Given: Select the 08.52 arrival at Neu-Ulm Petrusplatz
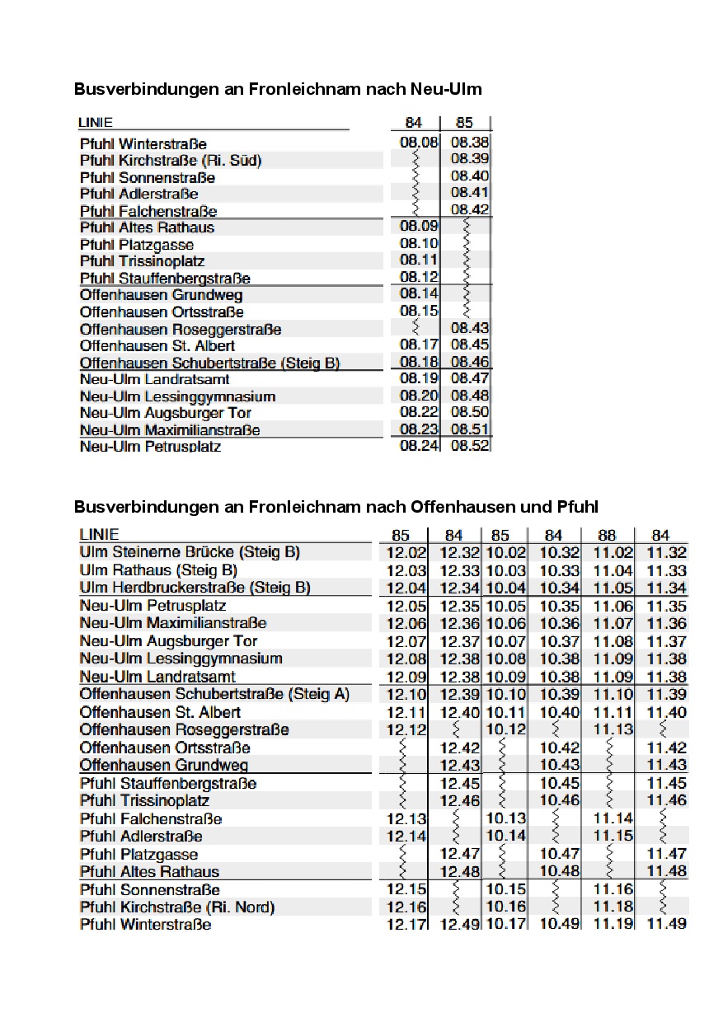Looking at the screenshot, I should click(470, 445).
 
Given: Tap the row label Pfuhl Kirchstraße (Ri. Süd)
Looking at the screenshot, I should click(171, 160).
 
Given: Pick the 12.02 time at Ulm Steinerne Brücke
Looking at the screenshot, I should click(406, 552).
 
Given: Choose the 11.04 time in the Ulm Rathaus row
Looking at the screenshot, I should click(613, 570).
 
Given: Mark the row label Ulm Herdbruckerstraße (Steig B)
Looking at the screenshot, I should click(195, 588).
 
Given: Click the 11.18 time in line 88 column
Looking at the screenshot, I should click(613, 907).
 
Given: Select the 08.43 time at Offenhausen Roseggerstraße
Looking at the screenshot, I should click(470, 329).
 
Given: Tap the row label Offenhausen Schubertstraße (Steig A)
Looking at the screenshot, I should click(214, 694).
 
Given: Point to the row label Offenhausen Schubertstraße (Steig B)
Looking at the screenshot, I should click(209, 363).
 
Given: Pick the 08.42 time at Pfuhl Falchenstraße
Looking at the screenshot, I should click(470, 209).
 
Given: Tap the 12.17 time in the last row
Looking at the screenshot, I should click(406, 925).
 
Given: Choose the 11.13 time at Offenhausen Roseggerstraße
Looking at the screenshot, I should click(613, 729).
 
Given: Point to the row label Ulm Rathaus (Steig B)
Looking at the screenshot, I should click(158, 570).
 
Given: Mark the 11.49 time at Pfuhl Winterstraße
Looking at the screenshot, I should click(666, 925).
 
